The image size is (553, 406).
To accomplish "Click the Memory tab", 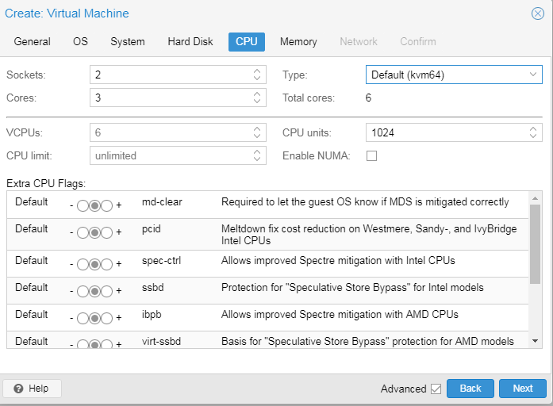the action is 298,41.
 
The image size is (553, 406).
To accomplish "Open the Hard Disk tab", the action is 190,41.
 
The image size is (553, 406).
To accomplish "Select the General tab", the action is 32,41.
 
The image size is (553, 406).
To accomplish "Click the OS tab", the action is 80,41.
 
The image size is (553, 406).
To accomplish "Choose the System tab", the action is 127,41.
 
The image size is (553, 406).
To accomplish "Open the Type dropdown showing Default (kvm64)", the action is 454,75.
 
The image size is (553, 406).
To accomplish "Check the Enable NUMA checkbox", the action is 372,155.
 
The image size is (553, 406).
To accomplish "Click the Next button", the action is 523,389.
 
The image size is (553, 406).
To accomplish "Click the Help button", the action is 32,389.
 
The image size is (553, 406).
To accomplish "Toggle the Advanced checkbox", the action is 436,389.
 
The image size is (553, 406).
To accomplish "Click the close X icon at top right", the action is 537,13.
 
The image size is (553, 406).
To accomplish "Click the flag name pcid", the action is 152,228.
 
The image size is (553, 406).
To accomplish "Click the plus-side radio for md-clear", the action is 107,205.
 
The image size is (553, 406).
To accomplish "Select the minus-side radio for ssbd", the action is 83,291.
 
